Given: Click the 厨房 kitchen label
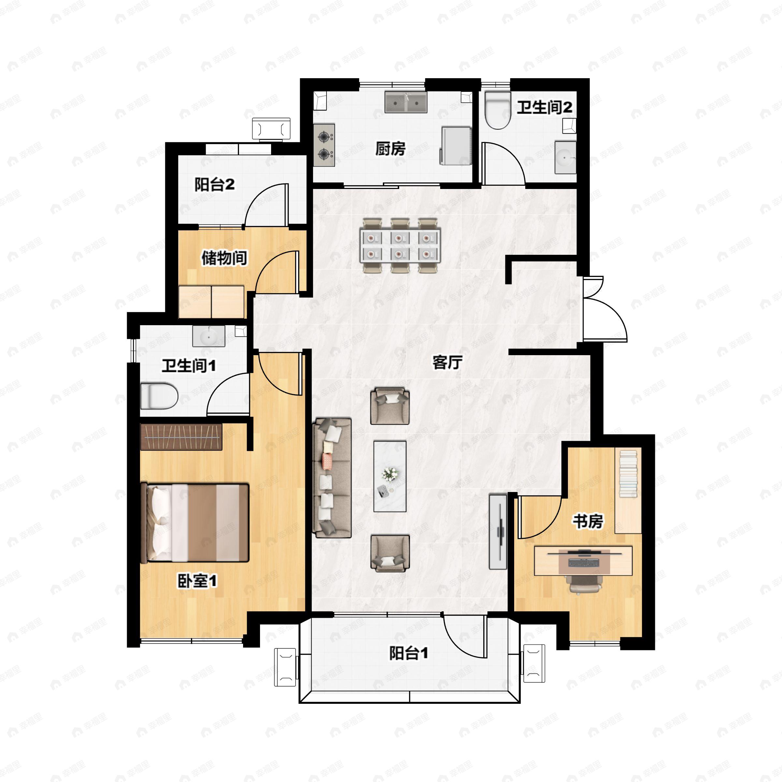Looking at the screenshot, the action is (390, 149).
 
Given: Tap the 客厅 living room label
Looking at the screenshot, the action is (447, 362).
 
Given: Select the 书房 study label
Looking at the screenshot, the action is (588, 521).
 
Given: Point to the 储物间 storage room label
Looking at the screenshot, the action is (224, 258).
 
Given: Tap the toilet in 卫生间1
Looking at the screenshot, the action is (159, 396).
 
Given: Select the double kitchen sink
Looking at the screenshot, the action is (406, 102).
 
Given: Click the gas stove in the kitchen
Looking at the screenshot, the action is (324, 145).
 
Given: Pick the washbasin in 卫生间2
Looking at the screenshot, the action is (565, 157).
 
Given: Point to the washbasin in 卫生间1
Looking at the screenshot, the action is (209, 336).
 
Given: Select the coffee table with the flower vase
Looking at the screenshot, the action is (390, 476).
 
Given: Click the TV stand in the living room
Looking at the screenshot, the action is (498, 531).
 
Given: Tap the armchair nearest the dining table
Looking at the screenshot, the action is (390, 406).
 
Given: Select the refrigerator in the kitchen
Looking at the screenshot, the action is (456, 145).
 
